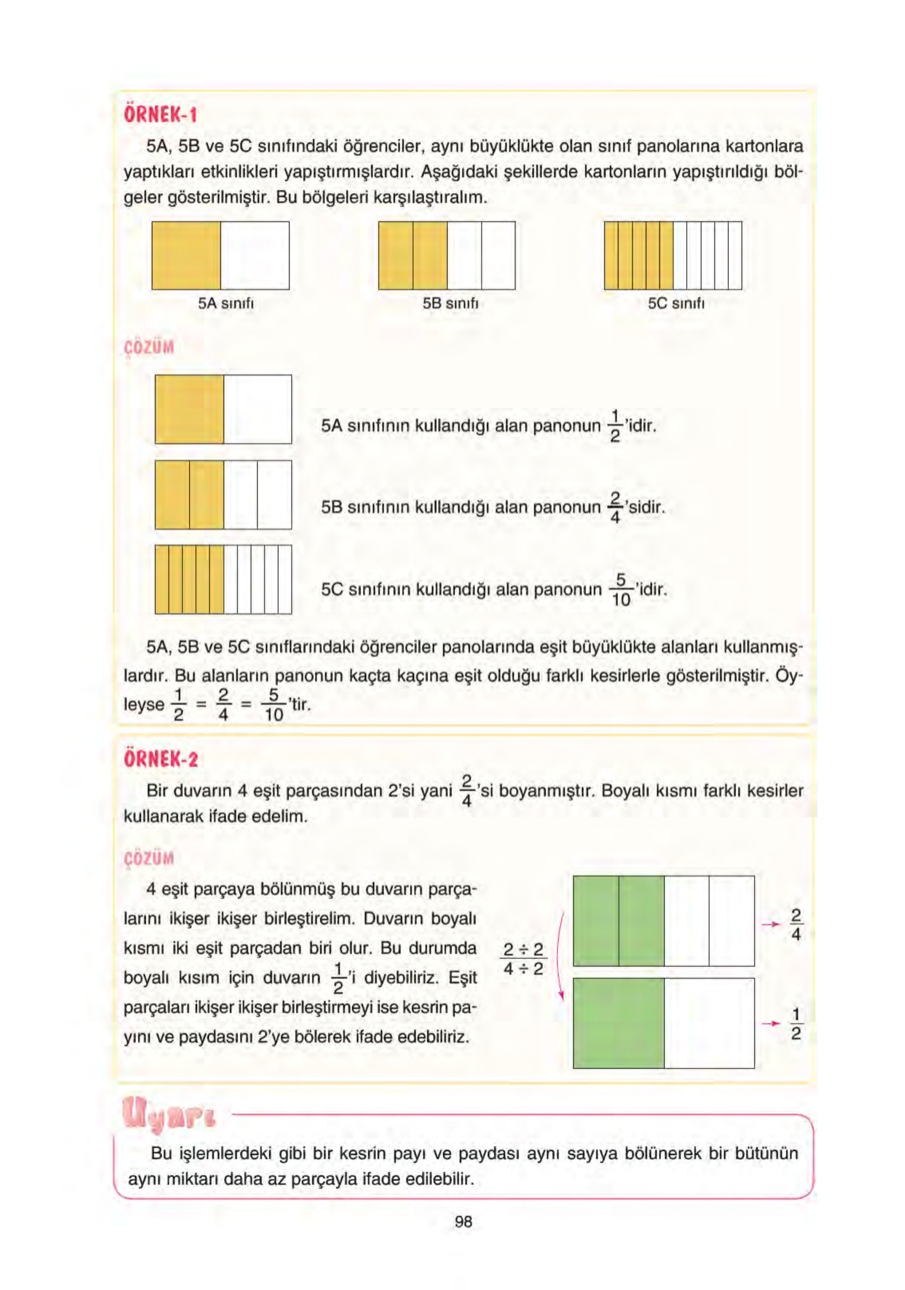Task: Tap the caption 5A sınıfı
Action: coord(226,303)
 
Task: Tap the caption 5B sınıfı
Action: coord(451,303)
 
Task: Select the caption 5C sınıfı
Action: coord(676,303)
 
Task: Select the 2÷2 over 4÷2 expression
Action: coord(523,959)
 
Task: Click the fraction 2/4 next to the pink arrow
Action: coord(795,924)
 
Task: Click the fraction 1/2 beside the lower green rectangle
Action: coord(795,1024)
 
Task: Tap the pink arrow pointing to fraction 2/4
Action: coord(771,924)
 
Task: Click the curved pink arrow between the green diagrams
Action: coord(560,955)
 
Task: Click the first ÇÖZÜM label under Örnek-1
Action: coord(149,347)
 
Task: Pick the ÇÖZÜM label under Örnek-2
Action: coord(149,858)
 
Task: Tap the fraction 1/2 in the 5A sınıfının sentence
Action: coord(615,426)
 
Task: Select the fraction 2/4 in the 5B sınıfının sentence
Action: coord(615,507)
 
